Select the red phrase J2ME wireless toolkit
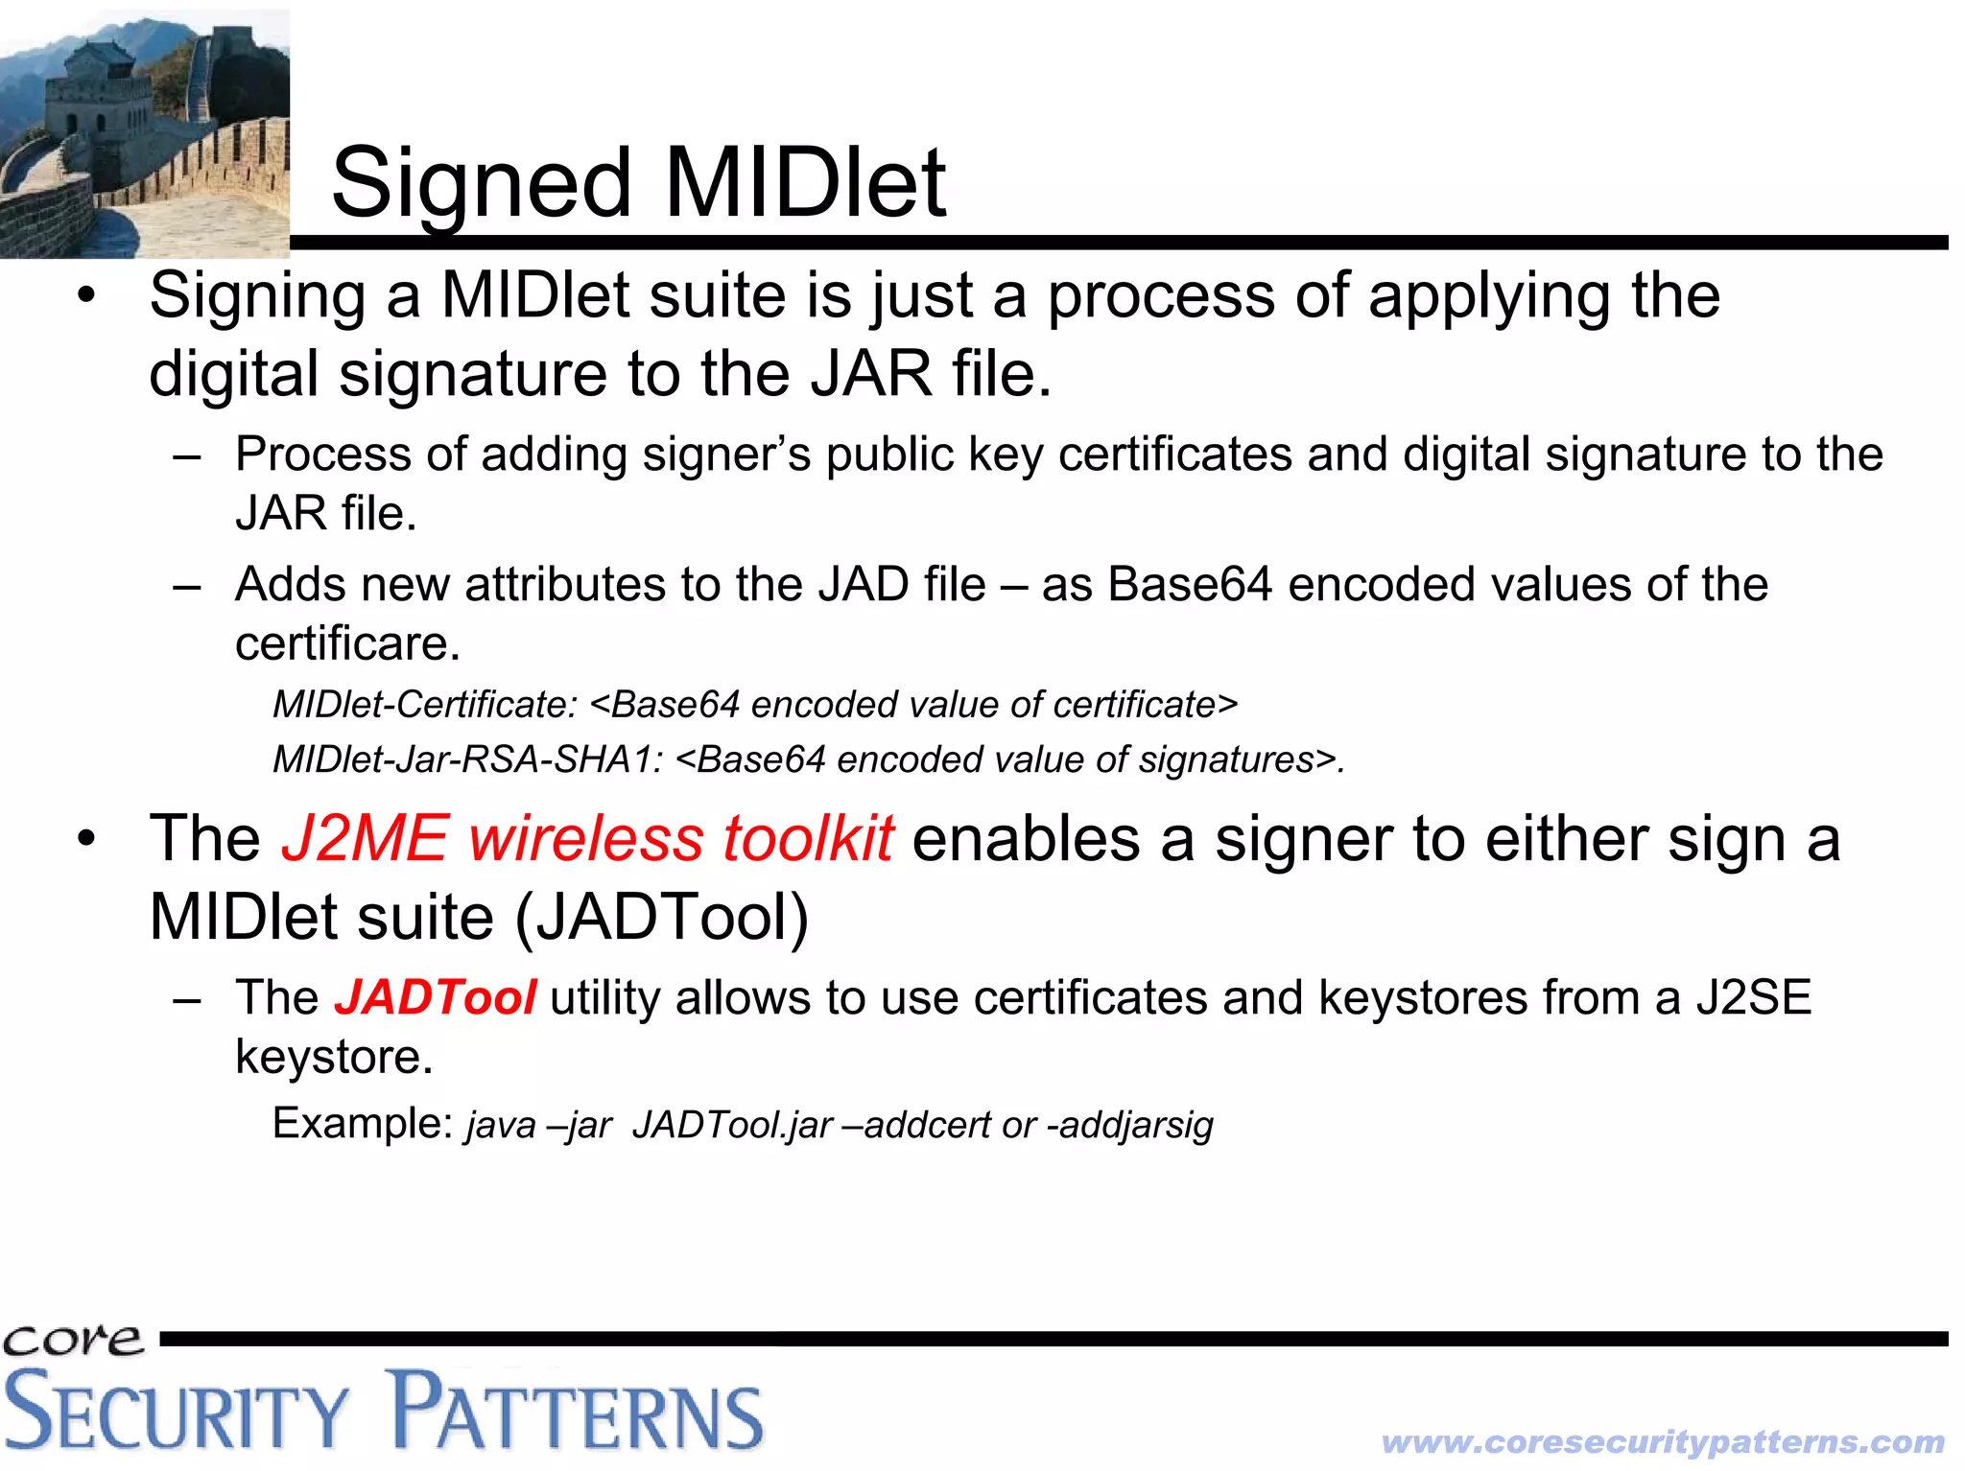point(587,839)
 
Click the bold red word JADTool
point(435,997)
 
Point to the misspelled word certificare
point(347,643)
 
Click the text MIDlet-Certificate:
point(425,705)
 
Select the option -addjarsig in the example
point(1129,1125)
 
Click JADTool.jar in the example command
point(731,1125)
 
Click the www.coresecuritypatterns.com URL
point(1663,1441)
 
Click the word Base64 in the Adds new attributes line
point(1189,585)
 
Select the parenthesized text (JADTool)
point(662,918)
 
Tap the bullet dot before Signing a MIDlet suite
point(86,296)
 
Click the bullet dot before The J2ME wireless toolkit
point(86,840)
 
